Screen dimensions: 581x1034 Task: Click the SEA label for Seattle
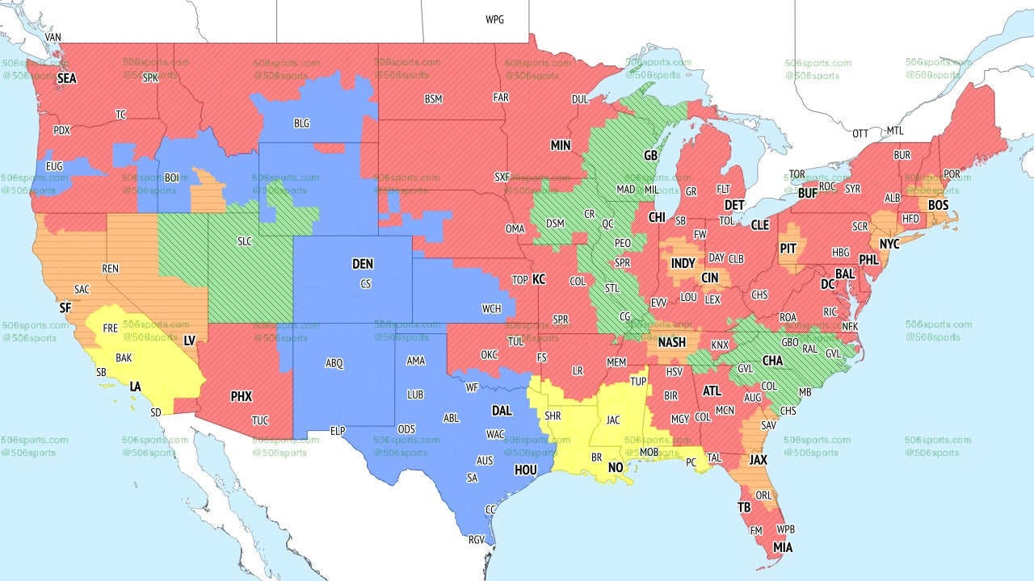click(66, 79)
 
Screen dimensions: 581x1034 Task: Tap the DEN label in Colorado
click(363, 264)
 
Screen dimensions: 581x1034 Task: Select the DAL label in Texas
click(502, 411)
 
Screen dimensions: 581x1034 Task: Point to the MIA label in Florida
click(782, 548)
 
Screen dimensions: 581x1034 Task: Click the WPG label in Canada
click(494, 19)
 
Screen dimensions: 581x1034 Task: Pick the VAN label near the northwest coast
click(53, 37)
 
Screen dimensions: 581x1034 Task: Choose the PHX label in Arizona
click(241, 396)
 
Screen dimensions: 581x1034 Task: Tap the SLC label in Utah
click(244, 241)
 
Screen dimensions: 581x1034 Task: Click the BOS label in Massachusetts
click(938, 206)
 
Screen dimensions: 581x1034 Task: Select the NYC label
click(889, 243)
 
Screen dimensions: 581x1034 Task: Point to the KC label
click(539, 279)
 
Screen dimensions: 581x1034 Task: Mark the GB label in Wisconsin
click(650, 154)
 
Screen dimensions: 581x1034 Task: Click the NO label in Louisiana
click(616, 468)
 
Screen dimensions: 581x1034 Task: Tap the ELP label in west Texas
click(338, 431)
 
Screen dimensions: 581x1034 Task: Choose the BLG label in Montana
click(301, 123)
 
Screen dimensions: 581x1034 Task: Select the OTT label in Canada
click(860, 132)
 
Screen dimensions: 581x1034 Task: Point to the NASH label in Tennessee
click(671, 342)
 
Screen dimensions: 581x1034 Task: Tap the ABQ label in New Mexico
click(334, 363)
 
